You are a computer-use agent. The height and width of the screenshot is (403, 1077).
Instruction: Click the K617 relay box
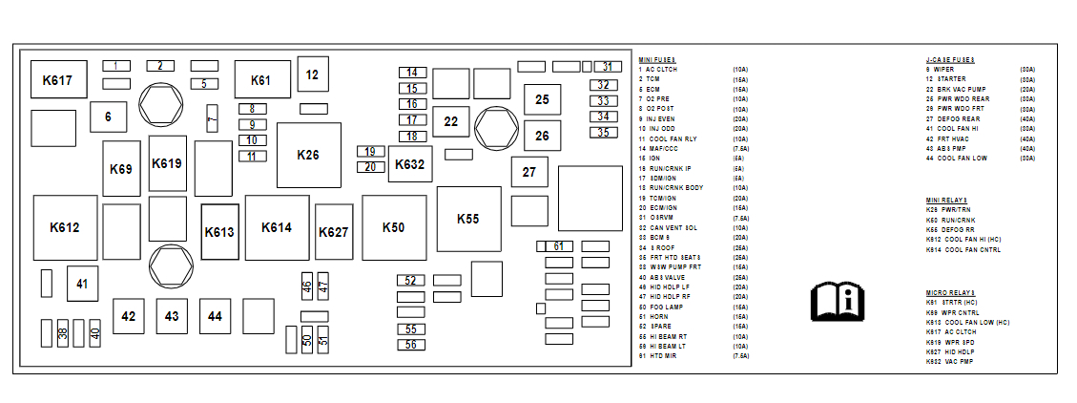click(x=57, y=80)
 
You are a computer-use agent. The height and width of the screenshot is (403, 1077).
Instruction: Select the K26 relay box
click(x=308, y=155)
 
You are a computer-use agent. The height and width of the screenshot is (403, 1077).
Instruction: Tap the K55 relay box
click(x=467, y=219)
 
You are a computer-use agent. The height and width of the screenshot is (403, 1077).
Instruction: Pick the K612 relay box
click(x=65, y=227)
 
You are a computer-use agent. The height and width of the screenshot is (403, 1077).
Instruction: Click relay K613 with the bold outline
click(x=219, y=232)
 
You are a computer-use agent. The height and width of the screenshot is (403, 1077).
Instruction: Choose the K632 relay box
click(x=410, y=164)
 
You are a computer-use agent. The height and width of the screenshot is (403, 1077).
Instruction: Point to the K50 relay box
click(x=393, y=227)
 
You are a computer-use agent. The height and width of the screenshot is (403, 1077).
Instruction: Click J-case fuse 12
click(x=312, y=74)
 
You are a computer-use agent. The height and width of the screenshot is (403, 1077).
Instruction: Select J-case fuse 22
click(x=451, y=121)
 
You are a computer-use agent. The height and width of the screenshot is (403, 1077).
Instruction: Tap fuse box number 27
click(x=528, y=172)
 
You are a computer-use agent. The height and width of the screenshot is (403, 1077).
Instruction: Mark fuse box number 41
click(x=82, y=283)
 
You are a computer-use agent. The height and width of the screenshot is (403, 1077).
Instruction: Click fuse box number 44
click(x=216, y=315)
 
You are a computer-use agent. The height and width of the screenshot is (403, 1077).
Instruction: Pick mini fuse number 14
click(x=412, y=73)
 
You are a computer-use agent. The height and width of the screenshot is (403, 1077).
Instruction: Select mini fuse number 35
click(x=603, y=133)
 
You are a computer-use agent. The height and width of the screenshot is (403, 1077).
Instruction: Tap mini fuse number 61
click(x=559, y=246)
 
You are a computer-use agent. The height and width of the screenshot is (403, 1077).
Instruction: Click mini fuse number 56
click(x=411, y=345)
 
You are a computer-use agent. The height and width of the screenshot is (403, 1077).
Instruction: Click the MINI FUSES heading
click(x=656, y=60)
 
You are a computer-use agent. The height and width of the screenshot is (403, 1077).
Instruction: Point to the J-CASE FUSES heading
click(x=949, y=60)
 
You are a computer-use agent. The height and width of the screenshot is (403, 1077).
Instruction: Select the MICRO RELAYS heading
click(x=950, y=292)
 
